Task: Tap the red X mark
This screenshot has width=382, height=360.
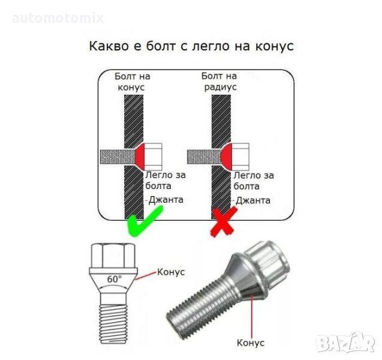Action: coord(224,221)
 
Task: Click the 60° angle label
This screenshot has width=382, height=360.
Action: coord(115,279)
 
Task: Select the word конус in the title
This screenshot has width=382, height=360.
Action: coord(274,46)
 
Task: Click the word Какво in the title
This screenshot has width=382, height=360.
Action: coord(109,46)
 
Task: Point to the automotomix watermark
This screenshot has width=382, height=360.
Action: coord(58,18)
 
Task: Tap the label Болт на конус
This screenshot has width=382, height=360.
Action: coord(132,82)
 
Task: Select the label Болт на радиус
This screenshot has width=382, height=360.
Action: coord(219,82)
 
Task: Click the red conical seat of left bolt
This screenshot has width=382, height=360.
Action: coord(140,157)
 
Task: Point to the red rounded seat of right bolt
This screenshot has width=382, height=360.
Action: coord(227,157)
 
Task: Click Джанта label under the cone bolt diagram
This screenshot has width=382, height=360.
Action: coord(166,200)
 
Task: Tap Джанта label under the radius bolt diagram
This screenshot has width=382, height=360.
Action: coord(253,200)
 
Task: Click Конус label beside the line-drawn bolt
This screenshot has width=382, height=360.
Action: coord(171,272)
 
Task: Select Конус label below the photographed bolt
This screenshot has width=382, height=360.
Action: coord(251,343)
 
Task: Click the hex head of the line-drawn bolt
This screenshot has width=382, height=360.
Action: coord(113,256)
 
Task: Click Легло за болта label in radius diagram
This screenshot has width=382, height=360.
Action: coord(254,181)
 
